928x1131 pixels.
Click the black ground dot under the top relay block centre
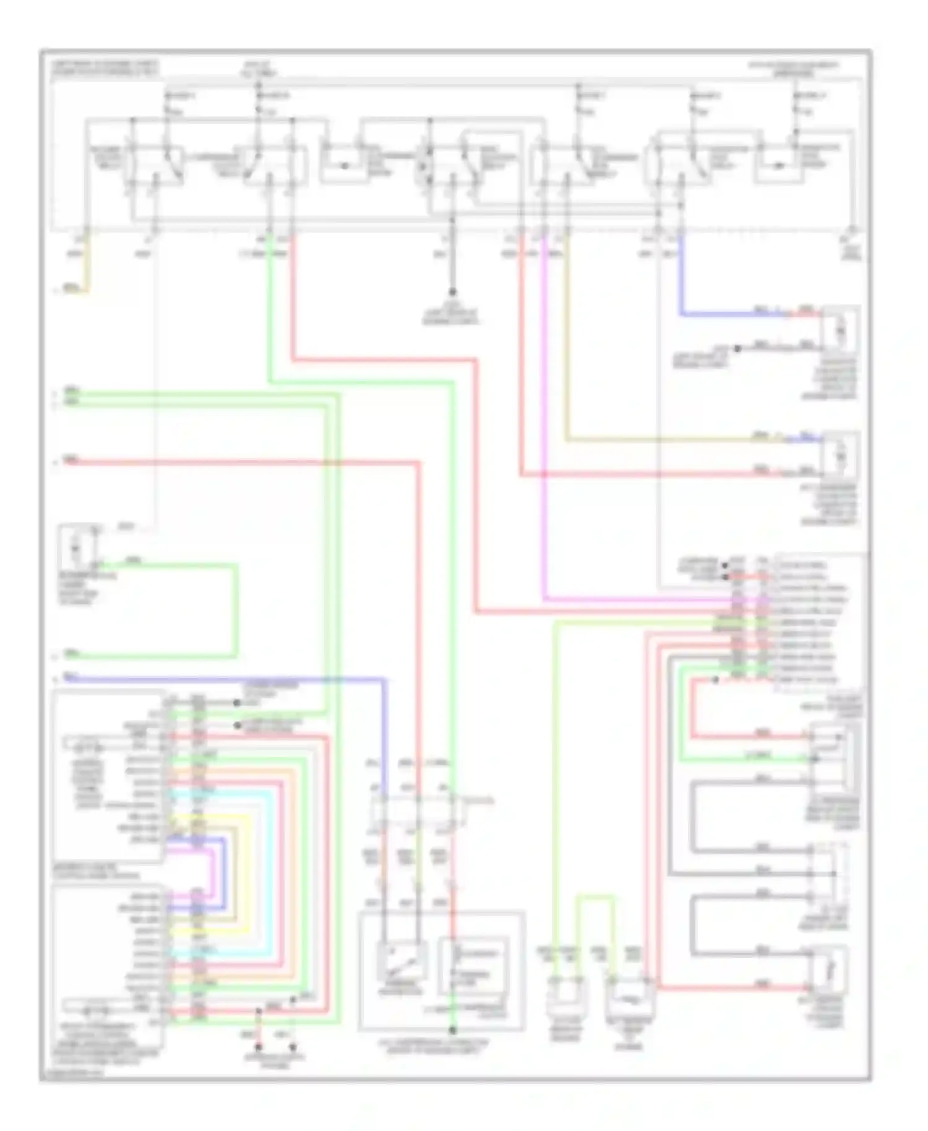click(x=452, y=291)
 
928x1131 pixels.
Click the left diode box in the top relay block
click(x=344, y=165)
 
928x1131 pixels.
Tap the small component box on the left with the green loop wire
click(x=77, y=548)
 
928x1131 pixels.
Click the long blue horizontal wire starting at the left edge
click(x=223, y=679)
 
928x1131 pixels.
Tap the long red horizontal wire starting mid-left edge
click(x=235, y=462)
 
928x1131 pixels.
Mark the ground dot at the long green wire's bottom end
click(x=452, y=1030)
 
